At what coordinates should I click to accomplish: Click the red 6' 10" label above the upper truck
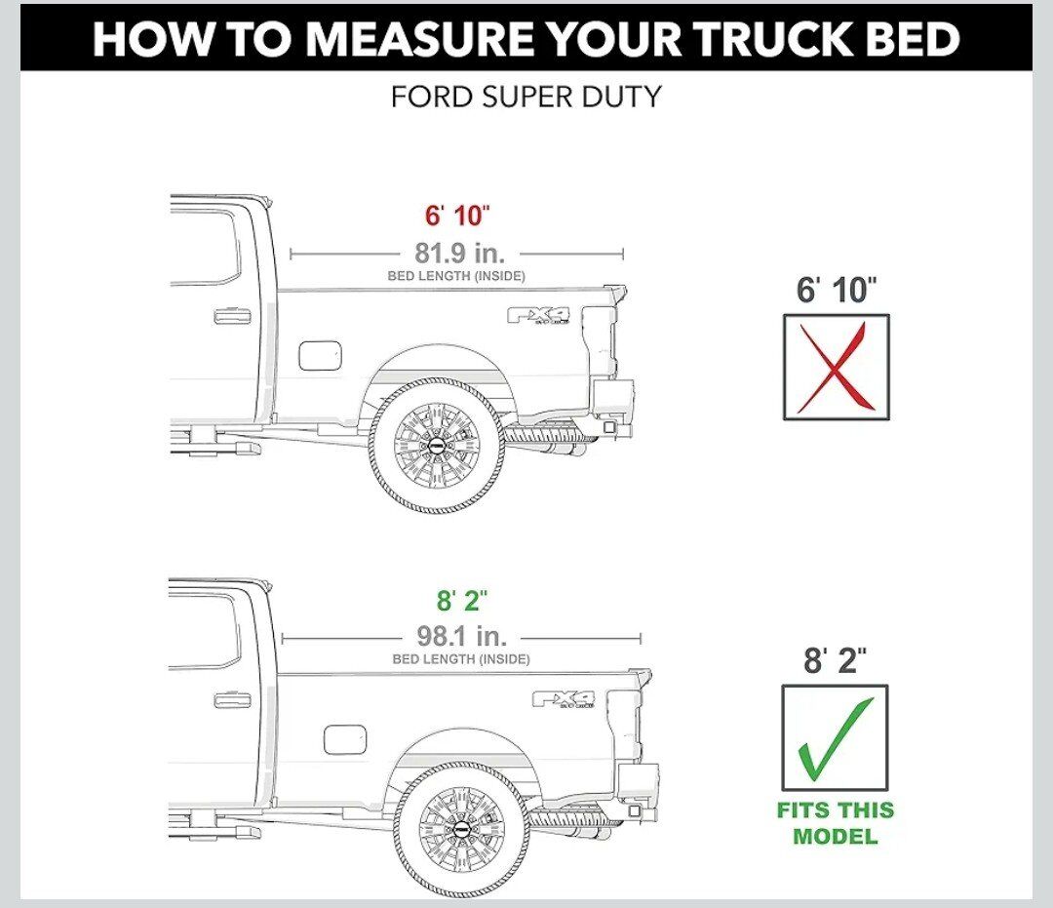457,216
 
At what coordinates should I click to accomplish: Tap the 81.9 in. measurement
460,254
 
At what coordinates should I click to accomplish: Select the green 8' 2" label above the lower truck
463,600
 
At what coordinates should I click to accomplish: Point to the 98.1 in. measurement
462,635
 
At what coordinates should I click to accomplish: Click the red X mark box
837,368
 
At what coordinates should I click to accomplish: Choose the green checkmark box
835,738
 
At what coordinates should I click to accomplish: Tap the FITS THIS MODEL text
836,823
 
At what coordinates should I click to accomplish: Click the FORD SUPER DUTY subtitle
526,97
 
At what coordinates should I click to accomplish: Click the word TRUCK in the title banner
769,39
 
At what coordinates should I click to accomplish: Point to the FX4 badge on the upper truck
538,315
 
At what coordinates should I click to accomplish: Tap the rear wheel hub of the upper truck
437,446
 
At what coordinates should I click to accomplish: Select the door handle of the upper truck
232,316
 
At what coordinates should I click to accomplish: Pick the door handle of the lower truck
232,700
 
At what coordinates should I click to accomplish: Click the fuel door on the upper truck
320,355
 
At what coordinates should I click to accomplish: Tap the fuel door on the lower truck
345,739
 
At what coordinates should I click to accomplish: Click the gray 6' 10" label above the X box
837,290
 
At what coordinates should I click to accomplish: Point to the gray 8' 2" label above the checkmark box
836,660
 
